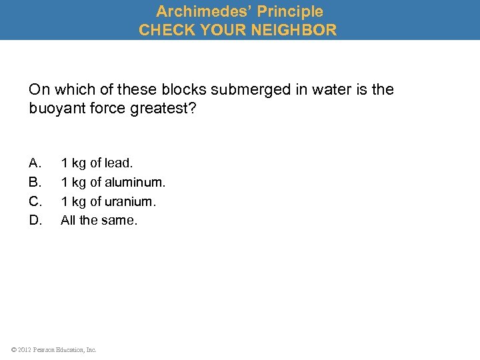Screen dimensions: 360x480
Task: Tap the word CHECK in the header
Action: pyautogui.click(x=164, y=30)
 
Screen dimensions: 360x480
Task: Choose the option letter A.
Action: pyautogui.click(x=35, y=163)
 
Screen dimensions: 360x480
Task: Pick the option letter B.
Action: pyautogui.click(x=35, y=182)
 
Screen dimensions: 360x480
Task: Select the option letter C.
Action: pyautogui.click(x=35, y=201)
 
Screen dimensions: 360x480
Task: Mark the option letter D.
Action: pyautogui.click(x=35, y=220)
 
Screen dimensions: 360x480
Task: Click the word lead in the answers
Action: pyautogui.click(x=120, y=163)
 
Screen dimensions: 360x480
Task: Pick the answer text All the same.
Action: pyautogui.click(x=99, y=220)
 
